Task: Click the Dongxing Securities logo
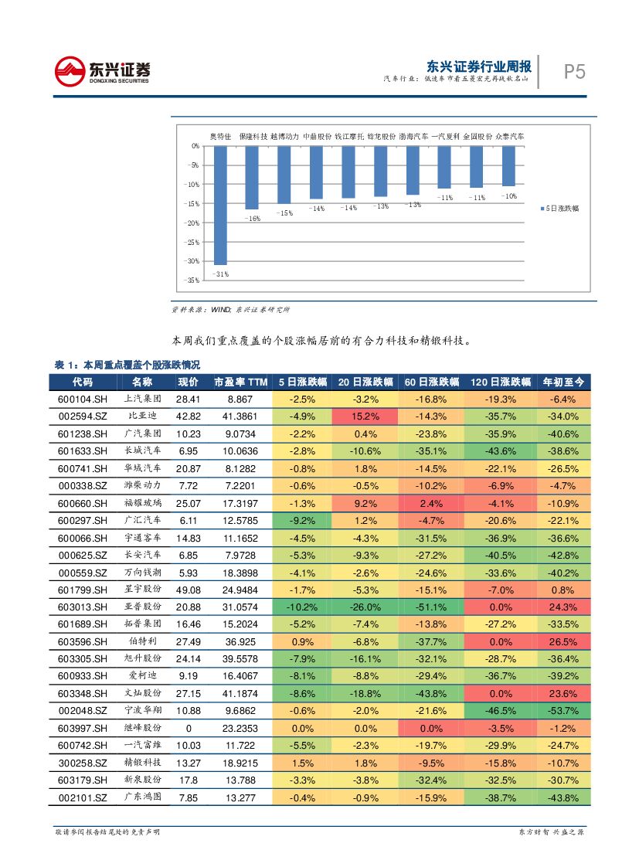(102, 71)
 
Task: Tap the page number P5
(573, 73)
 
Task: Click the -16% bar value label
(252, 219)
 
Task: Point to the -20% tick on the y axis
(190, 223)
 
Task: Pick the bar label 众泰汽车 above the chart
(509, 136)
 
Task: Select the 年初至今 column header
(563, 382)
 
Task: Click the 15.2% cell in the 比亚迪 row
(365, 416)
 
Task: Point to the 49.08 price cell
(188, 590)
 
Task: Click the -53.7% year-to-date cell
(563, 711)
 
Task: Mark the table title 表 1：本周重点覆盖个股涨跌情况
(127, 365)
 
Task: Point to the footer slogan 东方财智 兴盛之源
(551, 832)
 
